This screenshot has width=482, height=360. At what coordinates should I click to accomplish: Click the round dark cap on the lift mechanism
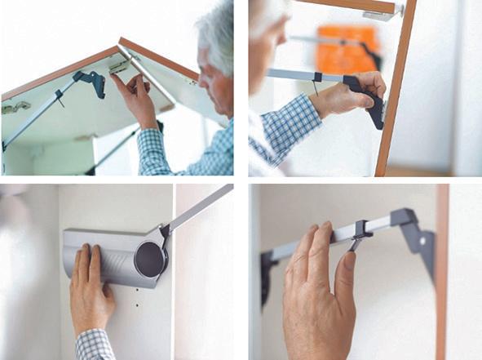click(149, 258)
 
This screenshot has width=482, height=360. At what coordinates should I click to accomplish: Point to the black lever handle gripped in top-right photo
click(368, 98)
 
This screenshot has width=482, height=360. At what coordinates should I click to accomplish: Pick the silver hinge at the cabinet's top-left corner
click(15, 106)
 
